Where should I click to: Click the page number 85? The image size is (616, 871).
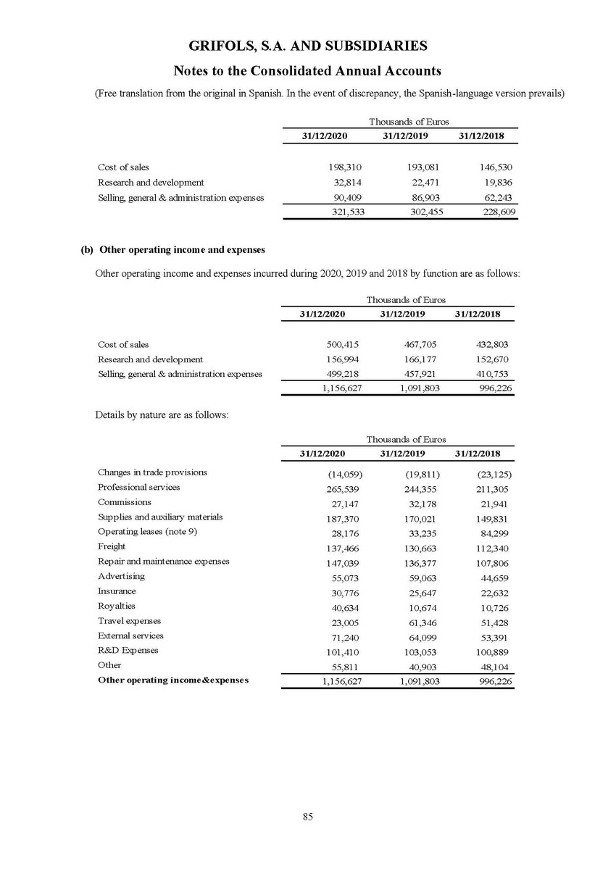point(307,817)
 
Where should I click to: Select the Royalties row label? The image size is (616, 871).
point(116,606)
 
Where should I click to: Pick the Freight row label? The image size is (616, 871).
point(112,546)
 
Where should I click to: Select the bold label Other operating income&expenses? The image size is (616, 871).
point(172,680)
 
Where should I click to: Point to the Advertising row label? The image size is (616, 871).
point(121,576)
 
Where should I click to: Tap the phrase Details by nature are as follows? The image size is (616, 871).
point(161,415)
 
